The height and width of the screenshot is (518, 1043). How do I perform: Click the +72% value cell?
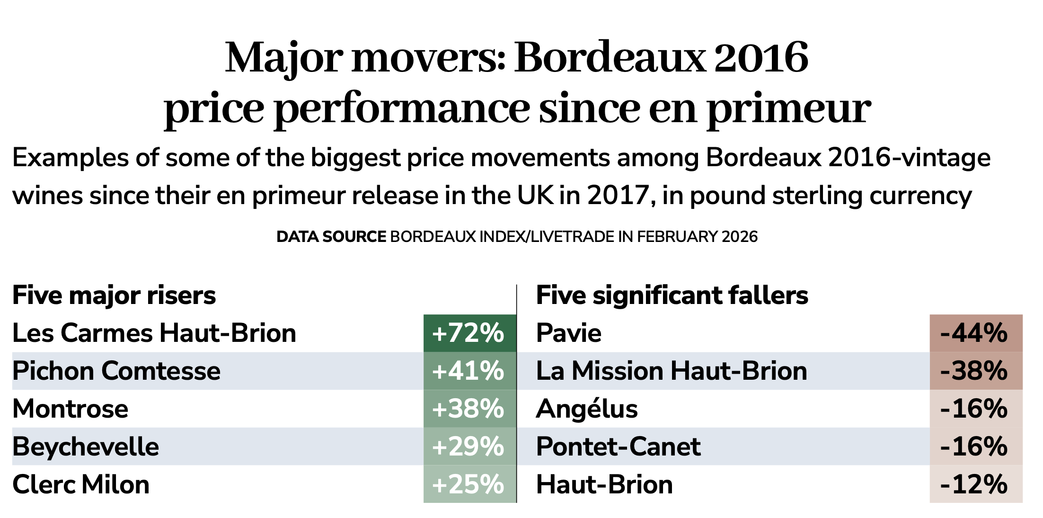click(x=469, y=333)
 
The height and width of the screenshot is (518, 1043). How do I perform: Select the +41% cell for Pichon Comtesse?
click(x=469, y=371)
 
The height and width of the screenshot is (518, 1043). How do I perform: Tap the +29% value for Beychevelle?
click(x=469, y=447)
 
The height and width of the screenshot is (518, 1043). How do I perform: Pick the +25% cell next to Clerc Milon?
click(x=469, y=484)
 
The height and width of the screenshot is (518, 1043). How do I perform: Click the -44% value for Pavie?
click(x=975, y=333)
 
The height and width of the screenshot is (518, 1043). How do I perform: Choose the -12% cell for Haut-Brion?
click(x=975, y=484)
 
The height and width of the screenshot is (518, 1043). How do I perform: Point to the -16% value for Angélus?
click(x=975, y=409)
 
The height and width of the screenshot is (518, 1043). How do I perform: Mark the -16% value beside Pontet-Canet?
click(x=975, y=447)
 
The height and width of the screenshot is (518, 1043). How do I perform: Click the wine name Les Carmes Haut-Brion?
click(x=154, y=333)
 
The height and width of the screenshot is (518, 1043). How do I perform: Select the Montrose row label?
click(x=70, y=409)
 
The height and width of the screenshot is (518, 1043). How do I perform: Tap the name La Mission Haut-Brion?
click(x=672, y=371)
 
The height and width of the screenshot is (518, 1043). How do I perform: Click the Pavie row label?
click(x=568, y=333)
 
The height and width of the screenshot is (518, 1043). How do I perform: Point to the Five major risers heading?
click(x=114, y=295)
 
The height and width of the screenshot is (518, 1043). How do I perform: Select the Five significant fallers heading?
click(x=672, y=295)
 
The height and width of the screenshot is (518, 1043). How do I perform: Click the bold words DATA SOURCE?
click(x=331, y=236)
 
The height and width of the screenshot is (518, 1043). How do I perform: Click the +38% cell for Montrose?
click(x=469, y=409)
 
